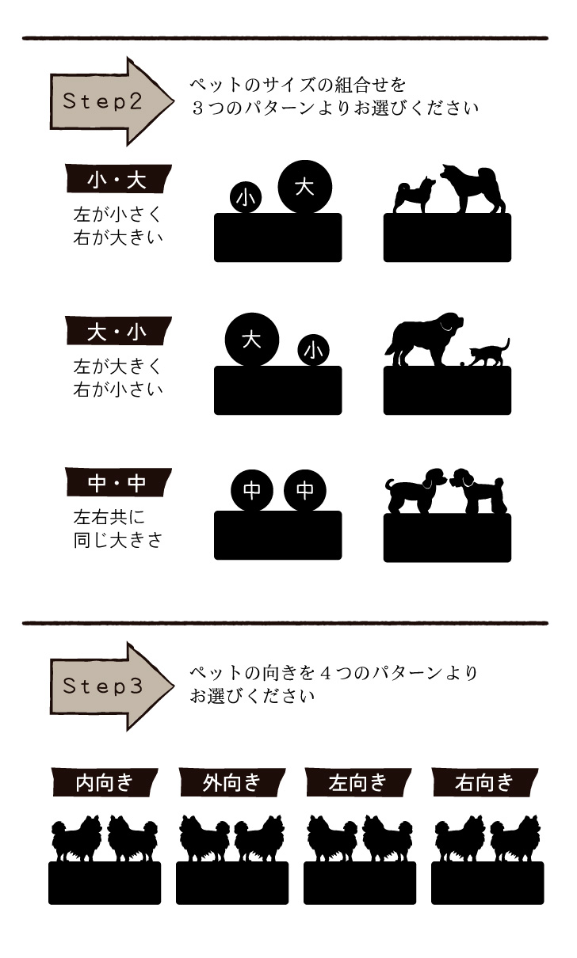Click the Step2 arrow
pyautogui.click(x=111, y=101)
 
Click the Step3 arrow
pyautogui.click(x=111, y=686)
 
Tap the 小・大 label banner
pyautogui.click(x=117, y=180)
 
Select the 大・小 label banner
pyautogui.click(x=117, y=331)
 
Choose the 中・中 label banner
pyautogui.click(x=117, y=481)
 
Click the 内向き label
pyautogui.click(x=105, y=782)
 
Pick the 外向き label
pyautogui.click(x=231, y=782)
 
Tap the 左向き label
pyautogui.click(x=358, y=782)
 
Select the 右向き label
pyautogui.click(x=485, y=782)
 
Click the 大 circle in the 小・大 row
pyautogui.click(x=305, y=187)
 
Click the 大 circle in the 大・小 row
pyautogui.click(x=252, y=340)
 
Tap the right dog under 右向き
pyautogui.click(x=516, y=839)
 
